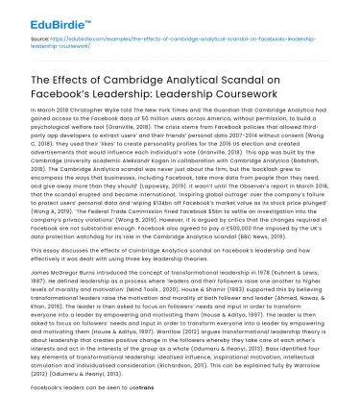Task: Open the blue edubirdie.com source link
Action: [x=163, y=40]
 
